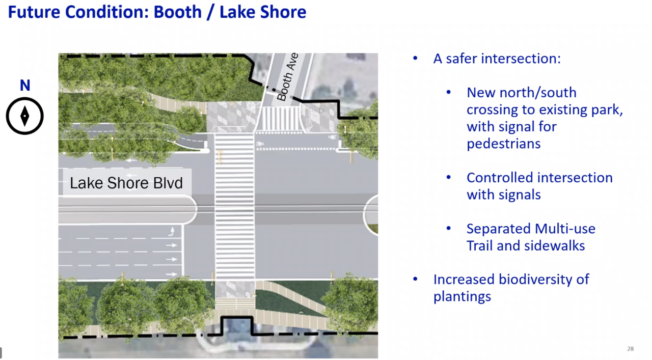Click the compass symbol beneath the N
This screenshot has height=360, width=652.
click(25, 116)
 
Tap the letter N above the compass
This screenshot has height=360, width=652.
click(25, 85)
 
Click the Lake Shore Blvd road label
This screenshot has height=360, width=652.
click(126, 183)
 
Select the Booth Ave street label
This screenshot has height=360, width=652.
click(287, 77)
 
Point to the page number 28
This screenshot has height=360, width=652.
click(631, 349)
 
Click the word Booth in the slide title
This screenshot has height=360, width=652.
click(178, 12)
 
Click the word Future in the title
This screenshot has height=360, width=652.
click(34, 12)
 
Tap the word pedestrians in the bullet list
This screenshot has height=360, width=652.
click(504, 144)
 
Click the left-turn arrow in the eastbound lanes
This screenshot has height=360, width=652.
click(172, 231)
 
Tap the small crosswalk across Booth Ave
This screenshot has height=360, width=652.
click(280, 119)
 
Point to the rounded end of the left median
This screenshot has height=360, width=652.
click(193, 210)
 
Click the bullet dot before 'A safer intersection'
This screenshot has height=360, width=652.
click(415, 58)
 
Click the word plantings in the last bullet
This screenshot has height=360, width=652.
click(462, 297)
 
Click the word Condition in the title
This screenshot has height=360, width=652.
click(107, 12)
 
